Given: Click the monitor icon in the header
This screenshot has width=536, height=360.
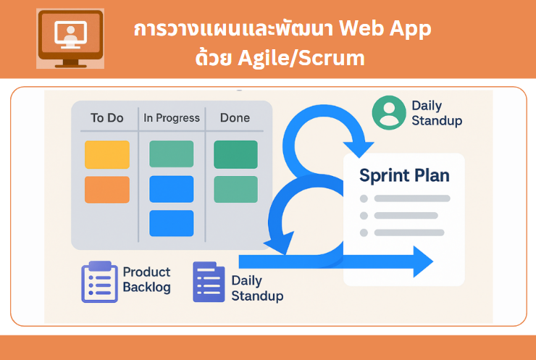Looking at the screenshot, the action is pos(70,38).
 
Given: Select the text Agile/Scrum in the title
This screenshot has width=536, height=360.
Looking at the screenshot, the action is pos(301,59).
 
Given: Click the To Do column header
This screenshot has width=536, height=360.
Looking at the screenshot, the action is pos(107,118).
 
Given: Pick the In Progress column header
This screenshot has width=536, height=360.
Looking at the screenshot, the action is pos(172,118).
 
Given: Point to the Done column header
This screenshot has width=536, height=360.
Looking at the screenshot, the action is pos(235,118).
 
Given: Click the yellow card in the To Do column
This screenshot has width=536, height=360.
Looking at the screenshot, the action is pos(107,154).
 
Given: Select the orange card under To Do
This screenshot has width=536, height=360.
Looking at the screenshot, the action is pos(107,190).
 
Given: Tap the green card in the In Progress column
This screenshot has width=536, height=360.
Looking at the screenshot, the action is pos(171,154).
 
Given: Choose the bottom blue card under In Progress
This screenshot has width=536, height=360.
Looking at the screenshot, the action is pos(171,223).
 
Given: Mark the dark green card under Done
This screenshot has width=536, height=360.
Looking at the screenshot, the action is pos(235,154).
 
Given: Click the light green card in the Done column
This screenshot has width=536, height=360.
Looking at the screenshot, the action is pos(235,189).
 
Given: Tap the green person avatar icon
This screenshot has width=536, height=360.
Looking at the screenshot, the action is pos(389,112).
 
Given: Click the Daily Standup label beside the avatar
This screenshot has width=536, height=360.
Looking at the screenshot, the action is pos(437,113).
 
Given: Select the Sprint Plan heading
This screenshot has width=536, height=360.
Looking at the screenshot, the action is pos(404,176).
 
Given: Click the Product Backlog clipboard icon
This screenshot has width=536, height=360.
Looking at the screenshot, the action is pos(99,282).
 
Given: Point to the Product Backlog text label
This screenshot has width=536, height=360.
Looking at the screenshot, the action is pos(146,280).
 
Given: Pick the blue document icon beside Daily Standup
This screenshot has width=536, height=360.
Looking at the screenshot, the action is pos(209,282).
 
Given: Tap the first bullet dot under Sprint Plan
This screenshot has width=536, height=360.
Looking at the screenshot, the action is pos(364,198).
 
